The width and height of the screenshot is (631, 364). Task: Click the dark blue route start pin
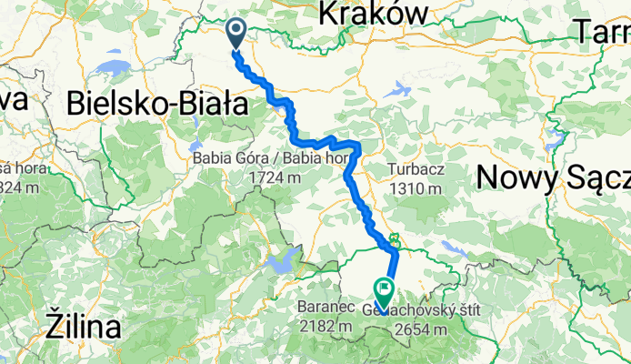[235, 33]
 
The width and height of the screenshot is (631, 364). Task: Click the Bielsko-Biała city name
[157, 105]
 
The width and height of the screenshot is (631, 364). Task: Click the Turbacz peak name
[419, 169]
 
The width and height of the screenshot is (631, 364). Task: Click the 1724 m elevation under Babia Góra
[275, 177]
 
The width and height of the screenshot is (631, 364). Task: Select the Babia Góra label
[228, 158]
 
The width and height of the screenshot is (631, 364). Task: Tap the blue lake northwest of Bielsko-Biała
[116, 69]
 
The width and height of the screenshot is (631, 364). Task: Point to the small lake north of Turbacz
[397, 90]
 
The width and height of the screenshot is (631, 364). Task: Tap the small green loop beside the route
[395, 242]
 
